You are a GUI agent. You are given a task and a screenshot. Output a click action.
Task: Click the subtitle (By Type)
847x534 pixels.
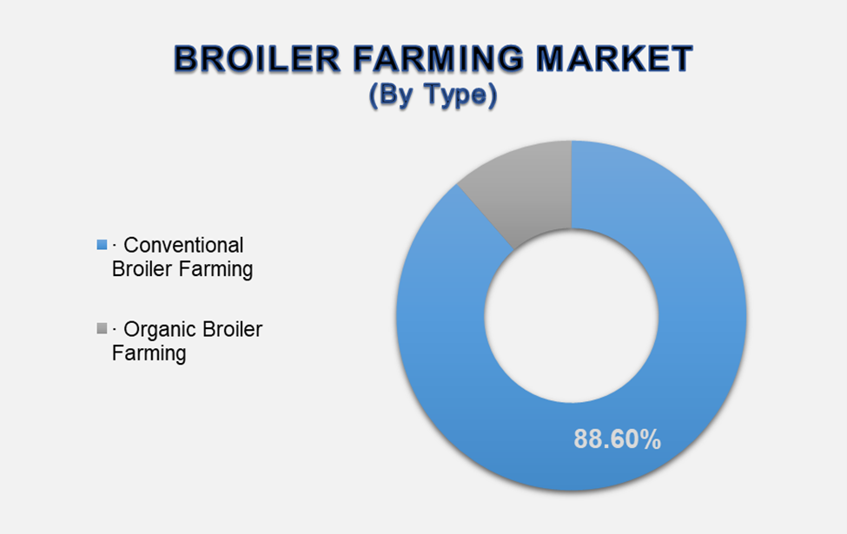(x=433, y=96)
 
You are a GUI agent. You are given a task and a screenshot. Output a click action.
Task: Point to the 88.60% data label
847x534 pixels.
(x=617, y=439)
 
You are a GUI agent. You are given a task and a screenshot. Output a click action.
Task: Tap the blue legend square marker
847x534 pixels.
(x=103, y=245)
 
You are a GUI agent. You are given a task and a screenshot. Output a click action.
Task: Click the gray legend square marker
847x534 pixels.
(x=103, y=328)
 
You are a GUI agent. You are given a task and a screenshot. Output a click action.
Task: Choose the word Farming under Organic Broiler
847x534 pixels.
(x=149, y=353)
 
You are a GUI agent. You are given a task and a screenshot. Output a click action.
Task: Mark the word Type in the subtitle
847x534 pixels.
(x=460, y=96)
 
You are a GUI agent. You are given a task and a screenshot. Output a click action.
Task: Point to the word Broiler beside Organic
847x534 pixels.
(x=230, y=329)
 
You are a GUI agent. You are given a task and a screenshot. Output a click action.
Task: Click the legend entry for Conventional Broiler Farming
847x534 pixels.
(x=178, y=257)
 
